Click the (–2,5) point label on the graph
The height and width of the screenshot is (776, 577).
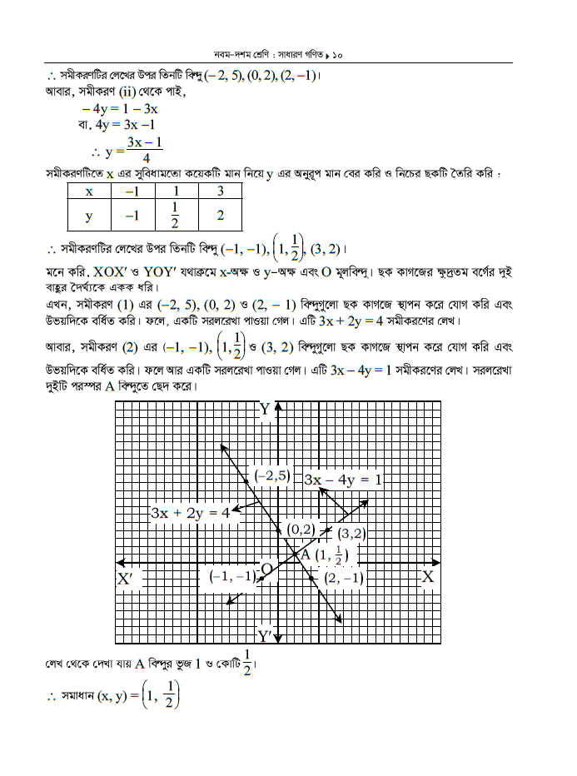[x=272, y=475]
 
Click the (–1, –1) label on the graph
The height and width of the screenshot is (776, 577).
[x=232, y=576]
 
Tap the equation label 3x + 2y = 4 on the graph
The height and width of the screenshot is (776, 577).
[x=190, y=513]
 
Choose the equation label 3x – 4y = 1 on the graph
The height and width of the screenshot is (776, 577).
[x=343, y=480]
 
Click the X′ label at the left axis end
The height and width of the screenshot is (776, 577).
[x=126, y=578]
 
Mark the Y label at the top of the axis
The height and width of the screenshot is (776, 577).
[x=265, y=409]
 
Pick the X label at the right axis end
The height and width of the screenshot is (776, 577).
[x=428, y=576]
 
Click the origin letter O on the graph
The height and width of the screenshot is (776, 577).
[x=266, y=570]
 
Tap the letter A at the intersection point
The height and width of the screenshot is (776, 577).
[x=305, y=554]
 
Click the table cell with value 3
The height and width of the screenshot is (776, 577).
[x=220, y=192]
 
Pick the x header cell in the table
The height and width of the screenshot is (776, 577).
[x=89, y=192]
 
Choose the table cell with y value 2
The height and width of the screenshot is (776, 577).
[x=220, y=216]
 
